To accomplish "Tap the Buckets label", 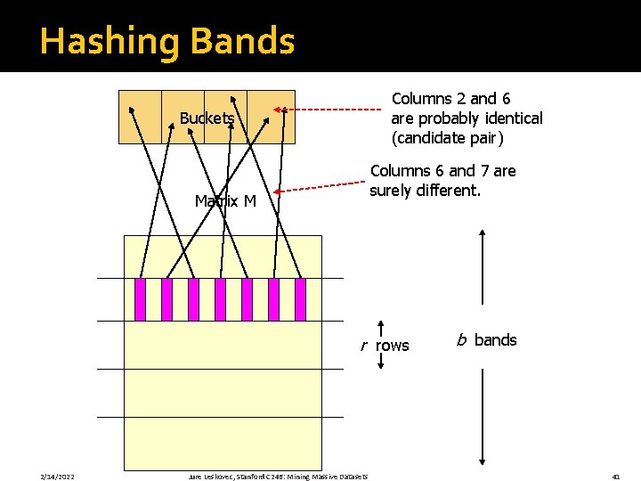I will (207, 118).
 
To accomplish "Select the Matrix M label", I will (225, 201).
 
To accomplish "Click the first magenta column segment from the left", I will (140, 299).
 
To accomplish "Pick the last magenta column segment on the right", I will (300, 299).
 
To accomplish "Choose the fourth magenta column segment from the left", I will (220, 299).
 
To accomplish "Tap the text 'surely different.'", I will (426, 191).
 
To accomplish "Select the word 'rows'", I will (393, 346).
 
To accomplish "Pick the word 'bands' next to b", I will (495, 339).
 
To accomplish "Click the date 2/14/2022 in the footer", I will (59, 477).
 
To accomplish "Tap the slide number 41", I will (615, 477).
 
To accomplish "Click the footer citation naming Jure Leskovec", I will (278, 477).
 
